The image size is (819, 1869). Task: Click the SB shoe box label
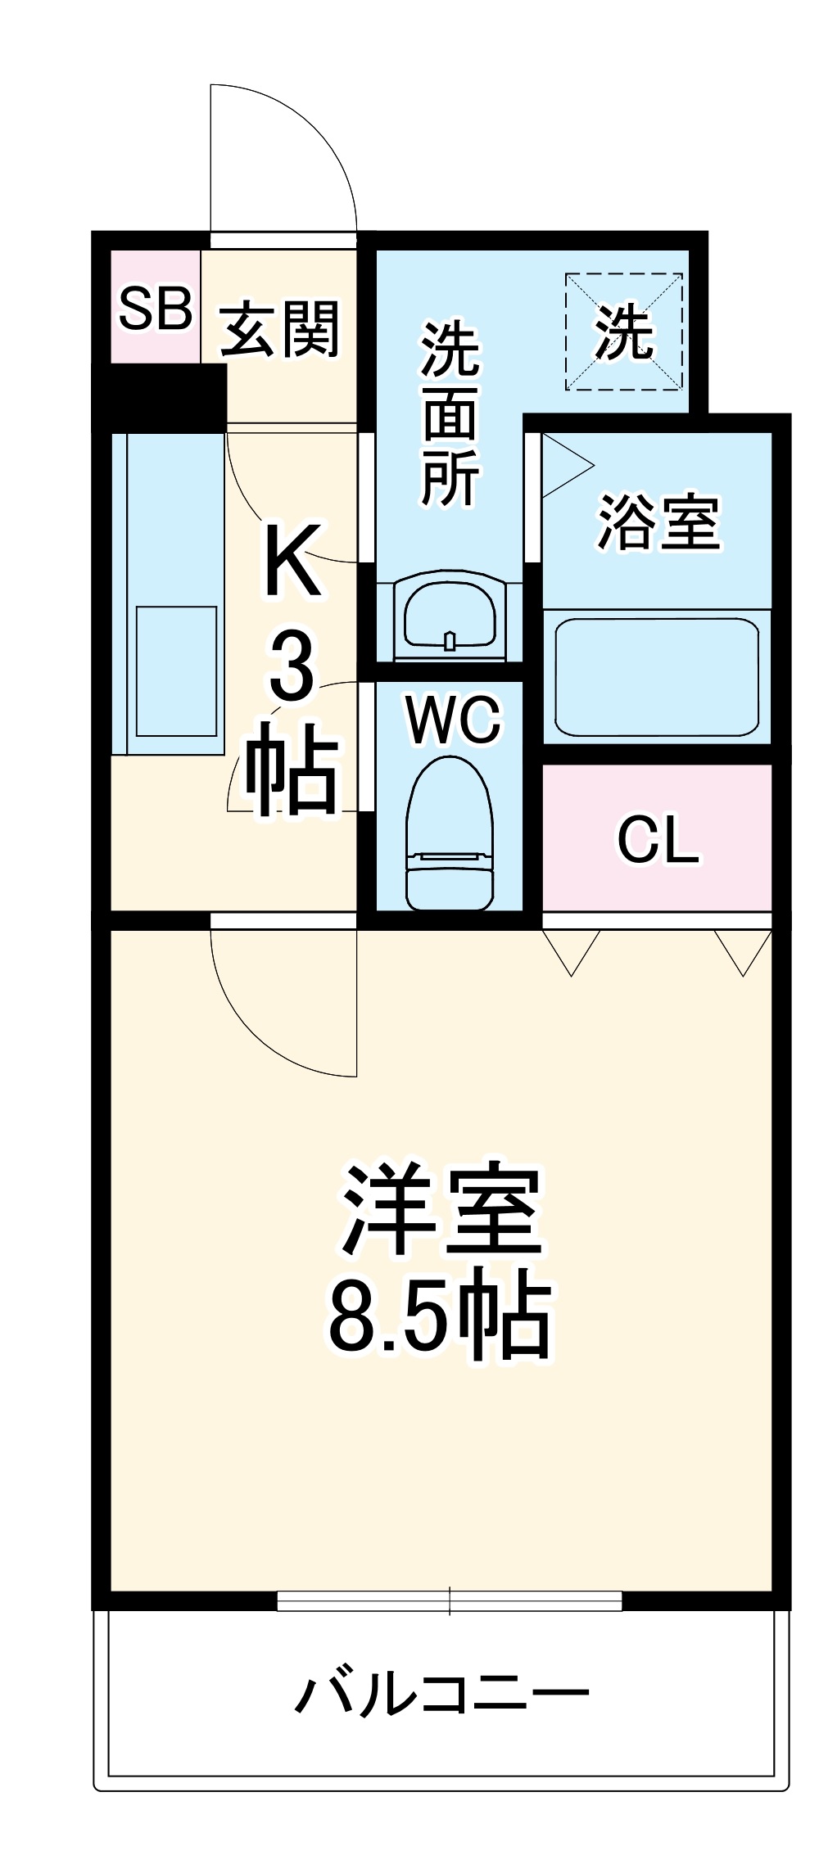tap(155, 309)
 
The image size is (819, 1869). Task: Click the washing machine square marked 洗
tap(624, 332)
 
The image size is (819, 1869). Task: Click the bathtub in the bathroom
tap(657, 677)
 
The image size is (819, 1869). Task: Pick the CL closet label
tap(658, 839)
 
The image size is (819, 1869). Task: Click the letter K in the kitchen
tap(292, 561)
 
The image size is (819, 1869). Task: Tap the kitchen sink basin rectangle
tap(176, 671)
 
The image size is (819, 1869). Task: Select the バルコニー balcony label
tap(442, 1694)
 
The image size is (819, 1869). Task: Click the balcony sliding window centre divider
tap(450, 1601)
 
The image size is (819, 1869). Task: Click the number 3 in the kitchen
tap(292, 667)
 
